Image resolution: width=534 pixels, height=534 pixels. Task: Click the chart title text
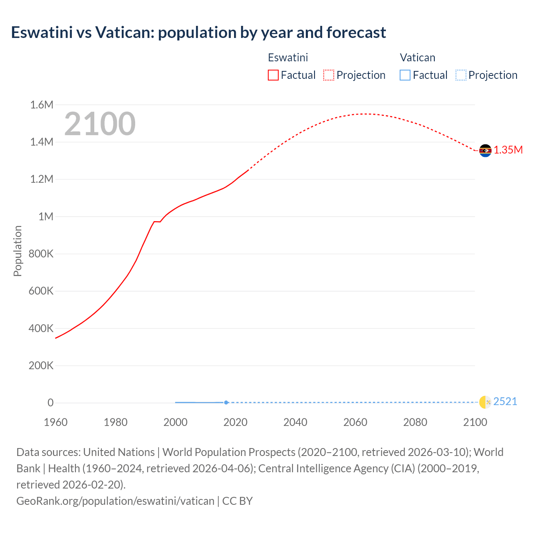tap(199, 33)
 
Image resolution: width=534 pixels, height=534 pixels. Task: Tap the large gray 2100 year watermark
tap(100, 124)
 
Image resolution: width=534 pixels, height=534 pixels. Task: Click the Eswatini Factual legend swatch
tap(273, 75)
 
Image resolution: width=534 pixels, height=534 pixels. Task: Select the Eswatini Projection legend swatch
tap(329, 75)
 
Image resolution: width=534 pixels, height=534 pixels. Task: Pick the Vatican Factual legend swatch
tap(405, 75)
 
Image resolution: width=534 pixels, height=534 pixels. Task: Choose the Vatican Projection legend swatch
tap(461, 75)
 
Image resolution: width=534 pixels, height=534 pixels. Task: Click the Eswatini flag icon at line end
tap(485, 151)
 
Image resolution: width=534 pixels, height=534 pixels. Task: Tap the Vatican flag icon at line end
tap(485, 402)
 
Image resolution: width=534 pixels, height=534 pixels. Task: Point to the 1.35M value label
tap(508, 150)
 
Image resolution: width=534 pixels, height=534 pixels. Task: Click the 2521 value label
tap(505, 402)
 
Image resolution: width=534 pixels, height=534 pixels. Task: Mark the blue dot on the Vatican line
tap(226, 403)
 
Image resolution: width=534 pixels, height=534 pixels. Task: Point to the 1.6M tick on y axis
tap(42, 105)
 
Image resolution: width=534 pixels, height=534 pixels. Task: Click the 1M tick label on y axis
tap(46, 217)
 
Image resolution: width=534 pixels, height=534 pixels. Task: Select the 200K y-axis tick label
tap(41, 366)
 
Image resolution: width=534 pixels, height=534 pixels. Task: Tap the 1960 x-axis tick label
tap(55, 422)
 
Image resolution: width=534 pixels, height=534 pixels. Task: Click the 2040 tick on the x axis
tap(295, 422)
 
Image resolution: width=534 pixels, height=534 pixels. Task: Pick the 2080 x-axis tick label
tap(415, 422)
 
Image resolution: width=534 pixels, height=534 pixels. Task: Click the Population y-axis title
tap(18, 251)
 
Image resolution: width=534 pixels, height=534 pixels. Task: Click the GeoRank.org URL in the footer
tap(115, 501)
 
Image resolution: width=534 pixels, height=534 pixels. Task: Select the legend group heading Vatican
tap(418, 58)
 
